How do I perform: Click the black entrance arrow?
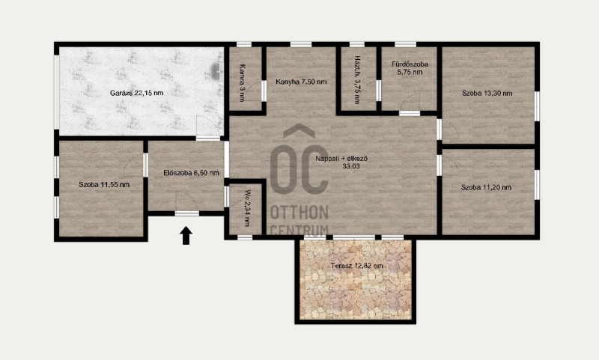pyautogui.click(x=186, y=235)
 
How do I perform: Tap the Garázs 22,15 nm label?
pyautogui.click(x=136, y=93)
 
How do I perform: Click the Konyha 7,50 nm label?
pyautogui.click(x=301, y=82)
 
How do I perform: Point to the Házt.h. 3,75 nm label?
pyautogui.click(x=357, y=80)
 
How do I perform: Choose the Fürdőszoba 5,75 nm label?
pyautogui.click(x=410, y=68)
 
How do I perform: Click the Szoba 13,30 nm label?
pyautogui.click(x=487, y=93)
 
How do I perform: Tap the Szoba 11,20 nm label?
pyautogui.click(x=486, y=187)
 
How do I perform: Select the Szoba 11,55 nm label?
pyautogui.click(x=104, y=185)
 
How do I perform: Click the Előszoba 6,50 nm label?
pyautogui.click(x=191, y=173)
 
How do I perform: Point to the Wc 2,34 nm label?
pyautogui.click(x=247, y=208)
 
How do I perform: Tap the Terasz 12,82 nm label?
pyautogui.click(x=356, y=266)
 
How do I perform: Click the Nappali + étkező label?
pyautogui.click(x=341, y=159)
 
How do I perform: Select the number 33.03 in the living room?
pyautogui.click(x=350, y=166)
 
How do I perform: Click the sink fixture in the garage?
pyautogui.click(x=216, y=70)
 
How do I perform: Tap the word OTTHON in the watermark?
pyautogui.click(x=299, y=213)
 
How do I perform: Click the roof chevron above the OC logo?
pyautogui.click(x=299, y=130)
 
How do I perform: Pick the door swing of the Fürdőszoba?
pyautogui.click(x=410, y=103)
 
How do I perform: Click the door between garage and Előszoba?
pyautogui.click(x=208, y=127)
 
